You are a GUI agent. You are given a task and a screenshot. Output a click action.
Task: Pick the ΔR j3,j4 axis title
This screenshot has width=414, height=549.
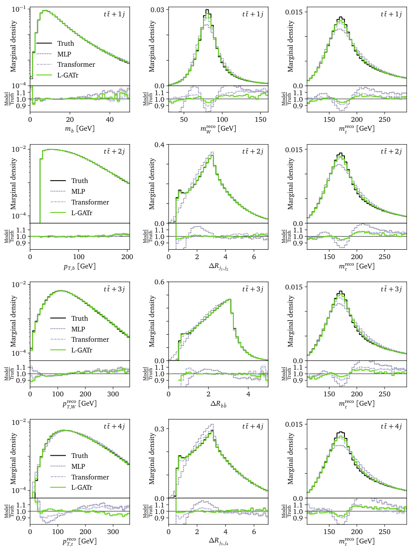(218, 540)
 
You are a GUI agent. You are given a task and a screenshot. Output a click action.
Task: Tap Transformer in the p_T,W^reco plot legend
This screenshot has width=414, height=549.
(90, 339)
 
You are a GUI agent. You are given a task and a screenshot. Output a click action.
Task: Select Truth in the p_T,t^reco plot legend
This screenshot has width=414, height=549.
(79, 456)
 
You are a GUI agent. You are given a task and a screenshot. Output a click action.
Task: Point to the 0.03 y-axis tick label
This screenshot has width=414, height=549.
(159, 10)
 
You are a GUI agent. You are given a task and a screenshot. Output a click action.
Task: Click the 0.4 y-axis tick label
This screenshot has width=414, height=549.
(161, 146)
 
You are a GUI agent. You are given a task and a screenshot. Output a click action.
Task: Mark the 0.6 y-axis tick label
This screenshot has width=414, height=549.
(161, 283)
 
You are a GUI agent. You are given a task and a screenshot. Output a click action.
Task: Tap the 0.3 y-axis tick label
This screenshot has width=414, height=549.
(161, 428)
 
